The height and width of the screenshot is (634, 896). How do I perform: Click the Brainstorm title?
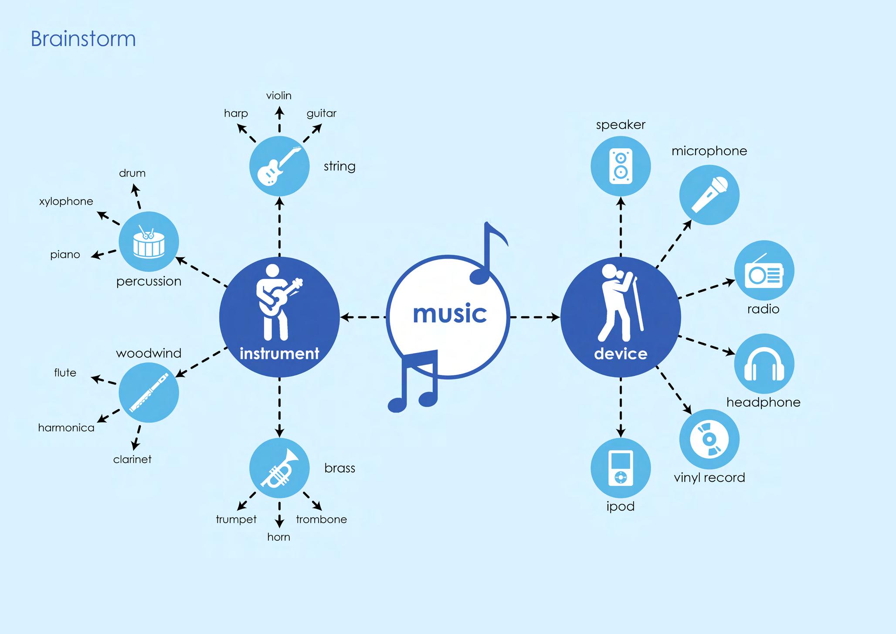83,39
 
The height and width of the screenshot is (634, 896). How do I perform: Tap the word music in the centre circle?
449,314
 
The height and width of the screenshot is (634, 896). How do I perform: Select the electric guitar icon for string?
279,166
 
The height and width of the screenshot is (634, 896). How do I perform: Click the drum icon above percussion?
149,242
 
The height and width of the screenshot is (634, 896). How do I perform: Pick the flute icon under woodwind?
149,393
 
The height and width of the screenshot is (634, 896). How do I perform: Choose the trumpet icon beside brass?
279,468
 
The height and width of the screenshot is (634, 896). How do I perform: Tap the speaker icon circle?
621,166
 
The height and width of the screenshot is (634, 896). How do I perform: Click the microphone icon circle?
709,195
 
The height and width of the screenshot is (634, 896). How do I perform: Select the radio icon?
764,271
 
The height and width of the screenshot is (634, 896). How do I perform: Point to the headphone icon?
764,364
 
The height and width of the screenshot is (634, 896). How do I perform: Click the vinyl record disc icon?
709,439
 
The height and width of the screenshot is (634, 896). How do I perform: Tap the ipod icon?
621,468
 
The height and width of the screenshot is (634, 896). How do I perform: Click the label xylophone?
66,201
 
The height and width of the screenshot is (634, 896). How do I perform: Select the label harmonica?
66,428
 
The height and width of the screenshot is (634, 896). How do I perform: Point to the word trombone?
322,519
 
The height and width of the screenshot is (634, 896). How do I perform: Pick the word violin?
279,95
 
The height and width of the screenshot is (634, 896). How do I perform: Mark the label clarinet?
132,460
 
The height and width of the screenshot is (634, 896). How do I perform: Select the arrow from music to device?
535,317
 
